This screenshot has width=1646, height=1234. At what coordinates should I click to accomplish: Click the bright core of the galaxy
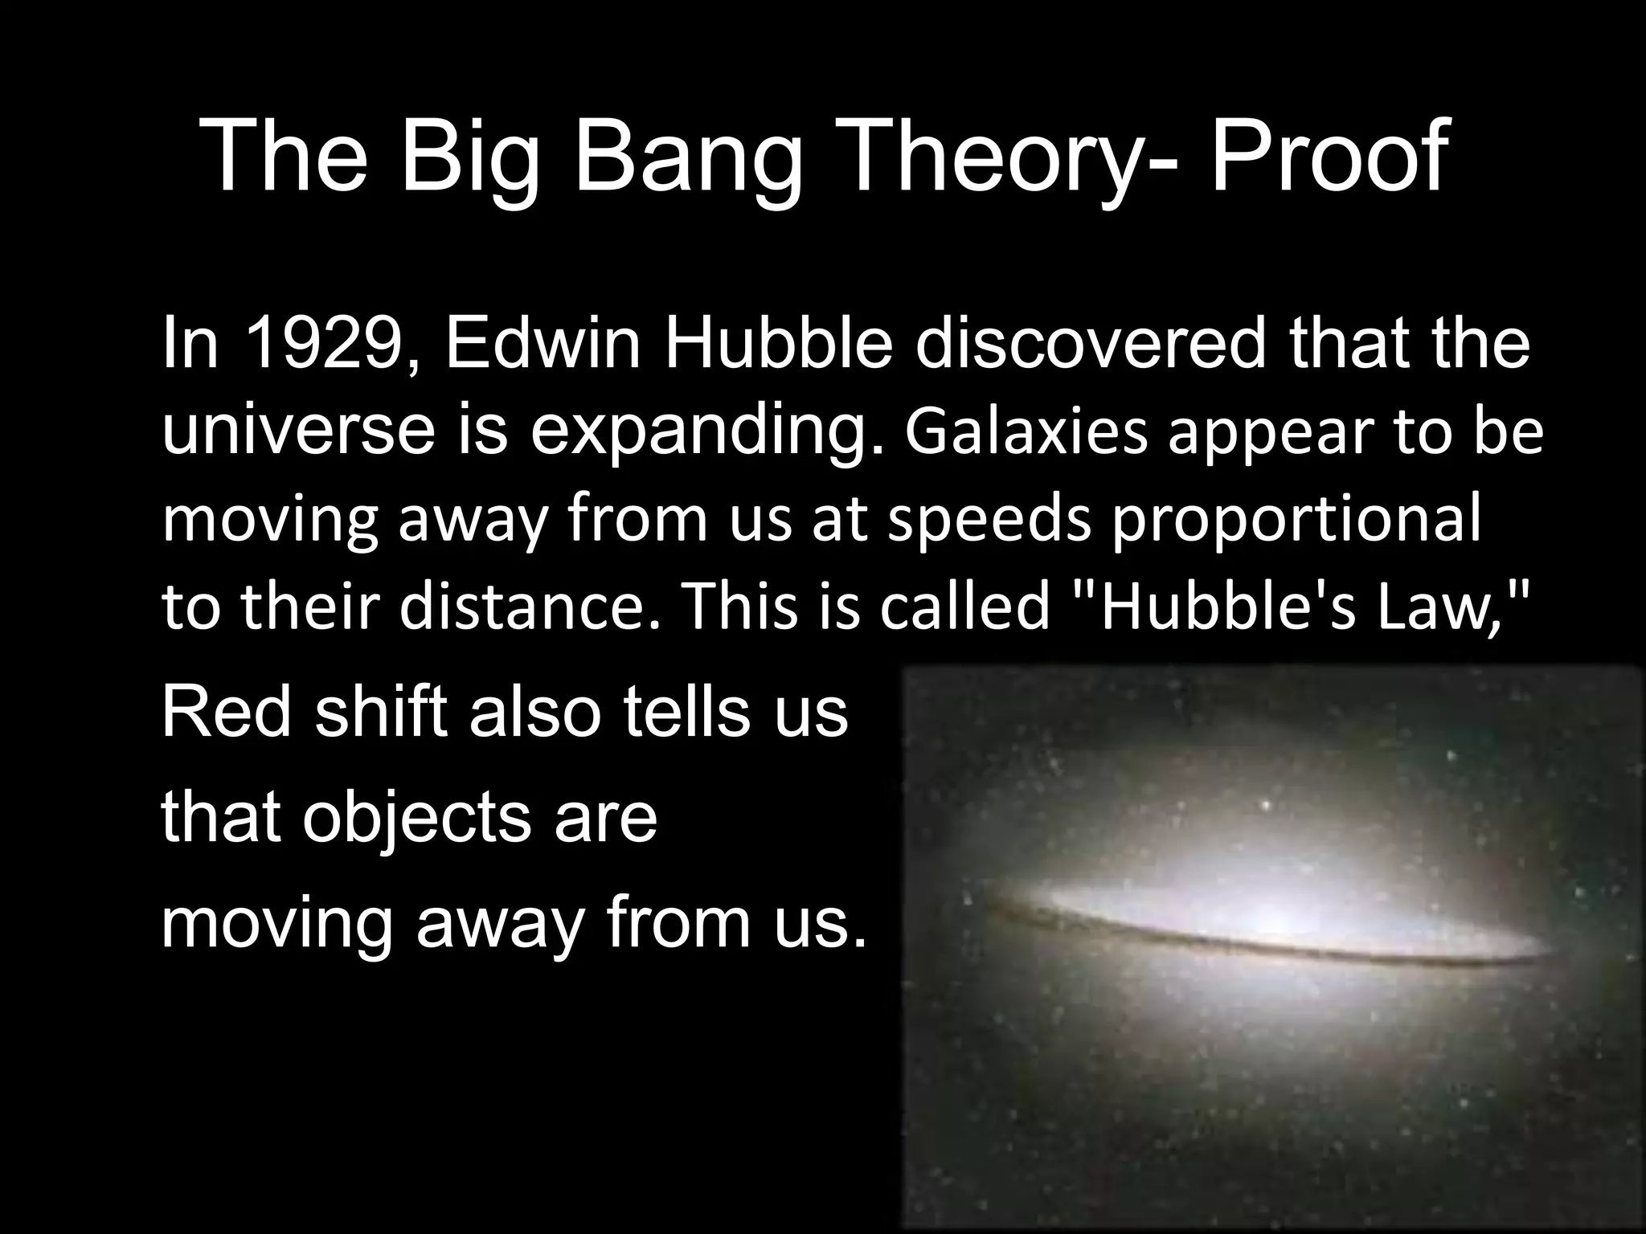[1278, 916]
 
